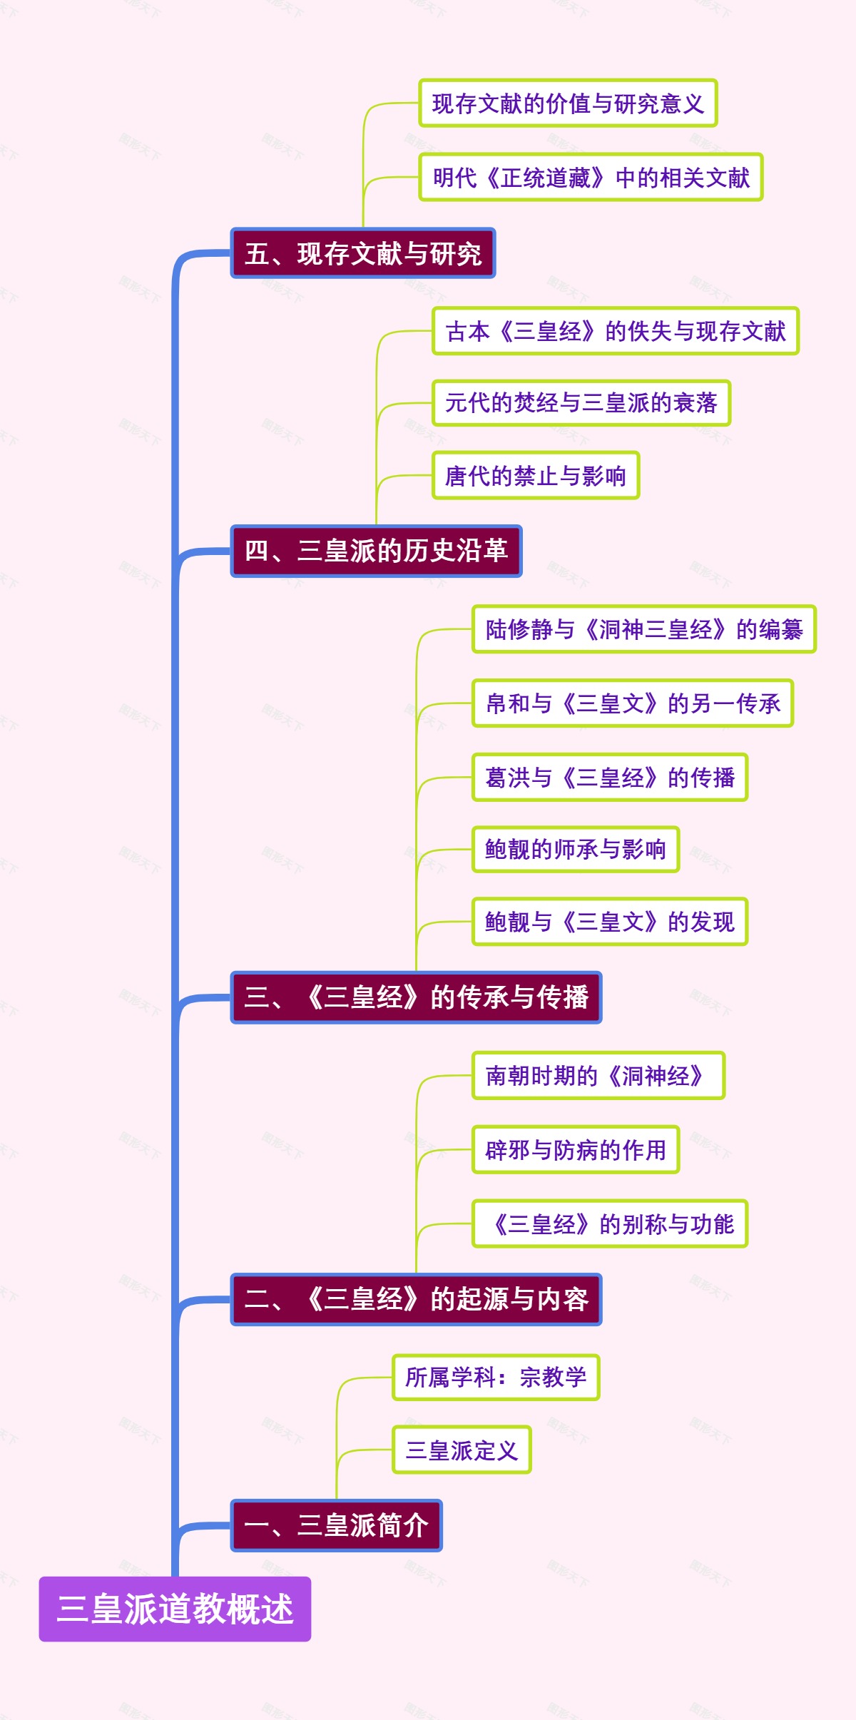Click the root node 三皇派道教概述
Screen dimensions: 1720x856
175,1609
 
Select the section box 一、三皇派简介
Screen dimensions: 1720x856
336,1525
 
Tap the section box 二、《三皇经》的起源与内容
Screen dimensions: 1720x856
416,1299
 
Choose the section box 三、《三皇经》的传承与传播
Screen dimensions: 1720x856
416,997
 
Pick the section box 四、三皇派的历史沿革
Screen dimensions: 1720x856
376,551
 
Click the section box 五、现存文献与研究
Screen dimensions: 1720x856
362,253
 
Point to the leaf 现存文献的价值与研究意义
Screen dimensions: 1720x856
568,103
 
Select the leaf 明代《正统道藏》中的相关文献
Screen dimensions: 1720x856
591,177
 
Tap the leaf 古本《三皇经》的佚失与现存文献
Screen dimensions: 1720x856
615,331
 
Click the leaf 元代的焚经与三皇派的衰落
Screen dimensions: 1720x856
581,403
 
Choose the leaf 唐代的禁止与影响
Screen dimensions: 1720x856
535,475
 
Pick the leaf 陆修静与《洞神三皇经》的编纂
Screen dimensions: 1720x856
643,629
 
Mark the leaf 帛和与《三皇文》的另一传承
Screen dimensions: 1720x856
632,703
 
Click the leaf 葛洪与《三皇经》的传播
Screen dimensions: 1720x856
609,777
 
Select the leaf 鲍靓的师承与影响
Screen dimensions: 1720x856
575,849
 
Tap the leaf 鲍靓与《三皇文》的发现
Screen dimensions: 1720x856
609,922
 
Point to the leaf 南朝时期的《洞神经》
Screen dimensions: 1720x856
598,1075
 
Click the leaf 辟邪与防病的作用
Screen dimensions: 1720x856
575,1149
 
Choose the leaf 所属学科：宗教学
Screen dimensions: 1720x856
495,1377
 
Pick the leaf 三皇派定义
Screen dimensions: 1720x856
461,1450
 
